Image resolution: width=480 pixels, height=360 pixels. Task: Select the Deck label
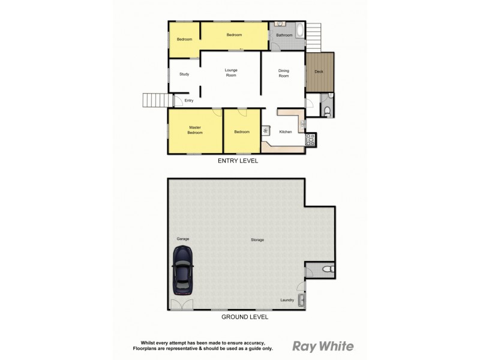(x=319, y=72)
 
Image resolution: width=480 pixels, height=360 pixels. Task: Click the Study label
(x=184, y=74)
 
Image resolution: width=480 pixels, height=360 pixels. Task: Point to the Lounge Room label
(x=231, y=73)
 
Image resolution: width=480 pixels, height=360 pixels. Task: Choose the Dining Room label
(x=283, y=73)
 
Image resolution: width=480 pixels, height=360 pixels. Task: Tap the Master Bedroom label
(x=195, y=130)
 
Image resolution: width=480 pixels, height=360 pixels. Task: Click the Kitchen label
(x=286, y=132)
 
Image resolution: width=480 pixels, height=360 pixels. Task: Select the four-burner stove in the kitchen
(x=311, y=139)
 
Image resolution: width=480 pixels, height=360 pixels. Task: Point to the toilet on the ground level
(x=326, y=270)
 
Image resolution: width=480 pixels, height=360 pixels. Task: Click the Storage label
(x=257, y=240)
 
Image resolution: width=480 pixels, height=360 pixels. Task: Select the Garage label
(x=183, y=239)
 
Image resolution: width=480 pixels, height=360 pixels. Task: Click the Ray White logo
(x=323, y=346)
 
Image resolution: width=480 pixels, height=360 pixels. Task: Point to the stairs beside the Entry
(x=154, y=100)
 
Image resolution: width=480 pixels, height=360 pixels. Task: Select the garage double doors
(x=181, y=305)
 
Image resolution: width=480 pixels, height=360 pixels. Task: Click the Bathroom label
(x=284, y=35)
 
